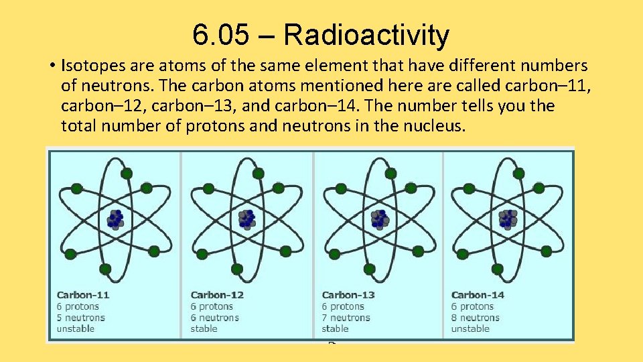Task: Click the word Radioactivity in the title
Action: pos(366,35)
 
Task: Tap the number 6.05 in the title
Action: pos(218,35)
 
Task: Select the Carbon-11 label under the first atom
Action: pos(83,295)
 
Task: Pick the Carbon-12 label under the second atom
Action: pos(217,295)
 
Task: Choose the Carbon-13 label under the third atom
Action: pos(348,295)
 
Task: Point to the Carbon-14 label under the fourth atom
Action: pos(478,295)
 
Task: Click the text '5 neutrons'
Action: pos(81,318)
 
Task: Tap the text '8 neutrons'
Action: pos(476,318)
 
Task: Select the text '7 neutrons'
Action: pos(346,318)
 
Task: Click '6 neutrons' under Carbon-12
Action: pos(215,318)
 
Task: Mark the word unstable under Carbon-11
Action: pos(76,328)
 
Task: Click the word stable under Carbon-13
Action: pos(336,328)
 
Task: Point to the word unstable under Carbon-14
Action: pos(470,328)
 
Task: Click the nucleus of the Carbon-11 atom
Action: pos(115,219)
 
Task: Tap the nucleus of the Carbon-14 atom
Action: pos(508,219)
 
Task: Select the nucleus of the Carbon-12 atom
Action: pos(246,219)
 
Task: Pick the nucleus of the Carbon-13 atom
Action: pos(380,219)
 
